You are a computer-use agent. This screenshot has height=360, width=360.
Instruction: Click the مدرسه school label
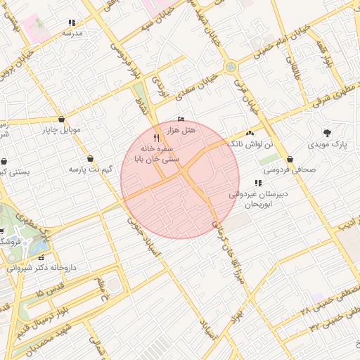(x=72, y=33)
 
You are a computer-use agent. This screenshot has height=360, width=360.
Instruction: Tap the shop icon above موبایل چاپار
(x=63, y=119)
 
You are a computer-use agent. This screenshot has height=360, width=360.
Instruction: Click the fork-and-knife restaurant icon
(x=156, y=139)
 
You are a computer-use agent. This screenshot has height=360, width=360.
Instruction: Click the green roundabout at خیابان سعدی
(x=231, y=67)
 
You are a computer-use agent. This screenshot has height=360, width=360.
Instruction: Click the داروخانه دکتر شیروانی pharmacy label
(x=42, y=267)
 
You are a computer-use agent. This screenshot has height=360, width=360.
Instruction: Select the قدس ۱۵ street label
(x=49, y=290)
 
